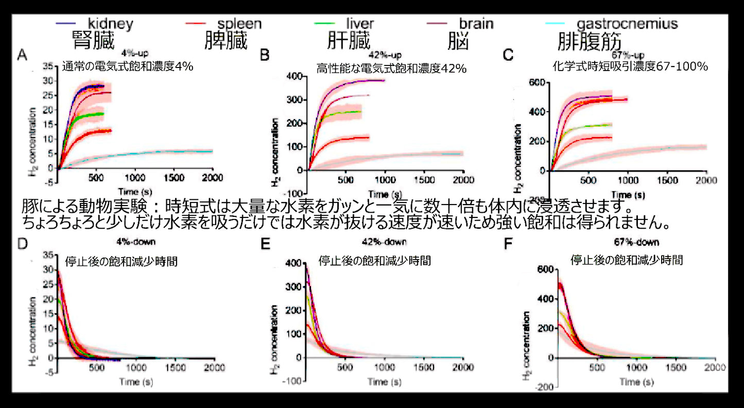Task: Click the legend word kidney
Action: coord(111,23)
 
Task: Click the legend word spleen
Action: coord(239,24)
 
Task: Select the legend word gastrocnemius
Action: coord(627,24)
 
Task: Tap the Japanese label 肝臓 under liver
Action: coord(349,41)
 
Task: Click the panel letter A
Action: coord(22,55)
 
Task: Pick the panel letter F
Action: coord(508,243)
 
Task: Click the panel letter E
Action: coord(266,243)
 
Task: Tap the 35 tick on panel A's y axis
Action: coord(48,66)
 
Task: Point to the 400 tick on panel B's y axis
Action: coord(295,76)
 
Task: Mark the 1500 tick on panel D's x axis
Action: coord(175,368)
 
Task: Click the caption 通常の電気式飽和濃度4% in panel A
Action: coord(127,66)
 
